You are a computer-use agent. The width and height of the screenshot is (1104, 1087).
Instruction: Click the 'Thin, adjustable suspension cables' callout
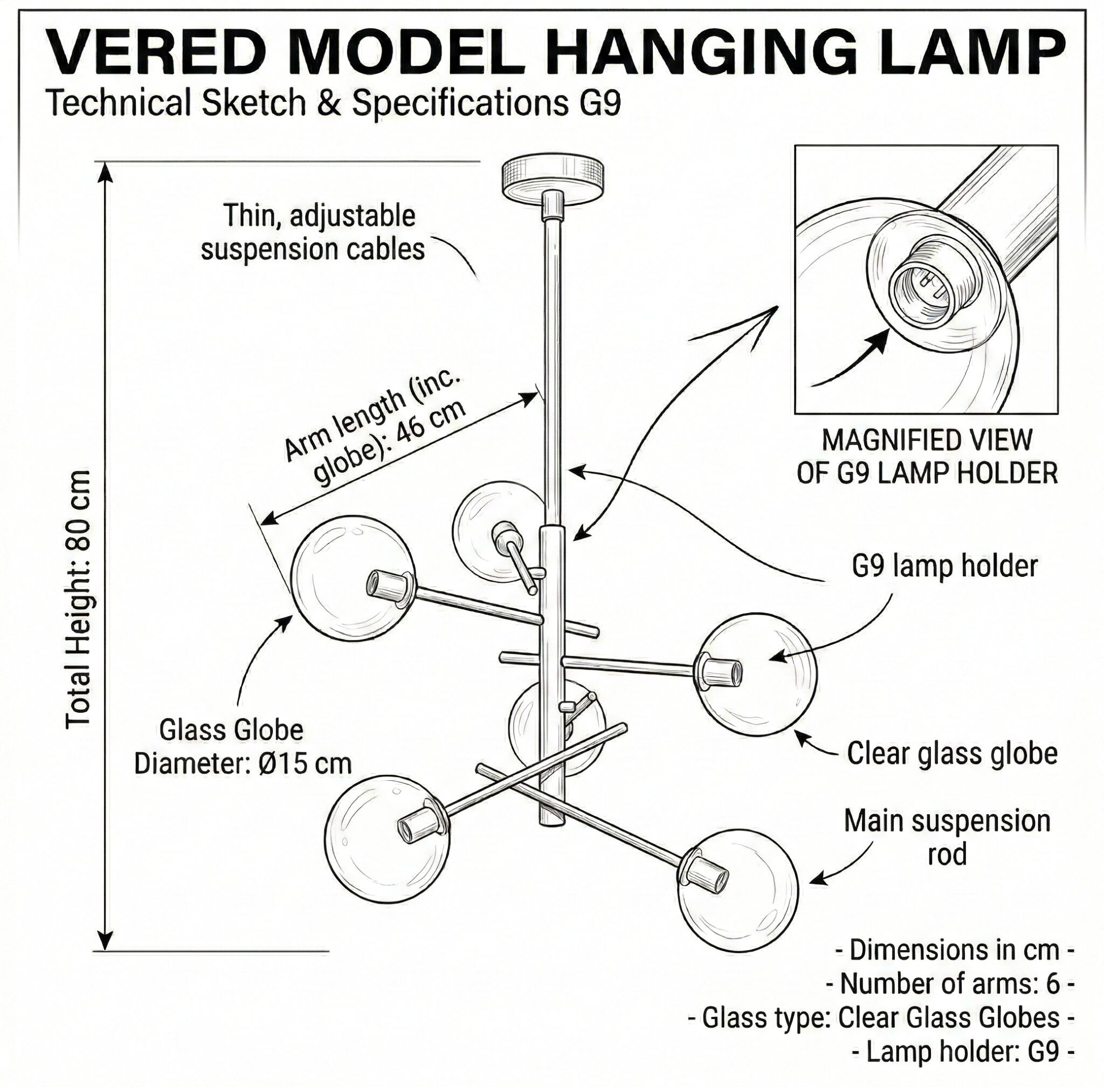313,232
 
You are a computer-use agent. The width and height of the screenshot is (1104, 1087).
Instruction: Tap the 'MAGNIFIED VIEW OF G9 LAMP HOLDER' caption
927,456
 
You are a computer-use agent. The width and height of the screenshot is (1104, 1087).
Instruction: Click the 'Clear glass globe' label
951,754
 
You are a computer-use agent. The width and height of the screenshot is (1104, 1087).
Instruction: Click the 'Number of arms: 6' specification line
950,983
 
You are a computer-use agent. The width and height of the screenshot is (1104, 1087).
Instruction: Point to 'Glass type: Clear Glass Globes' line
881,1017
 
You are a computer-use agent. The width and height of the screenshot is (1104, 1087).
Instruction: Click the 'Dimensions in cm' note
955,950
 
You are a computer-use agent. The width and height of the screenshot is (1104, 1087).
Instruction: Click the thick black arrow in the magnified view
850,361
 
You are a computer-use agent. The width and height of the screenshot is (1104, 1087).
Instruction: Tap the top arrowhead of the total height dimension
105,174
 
